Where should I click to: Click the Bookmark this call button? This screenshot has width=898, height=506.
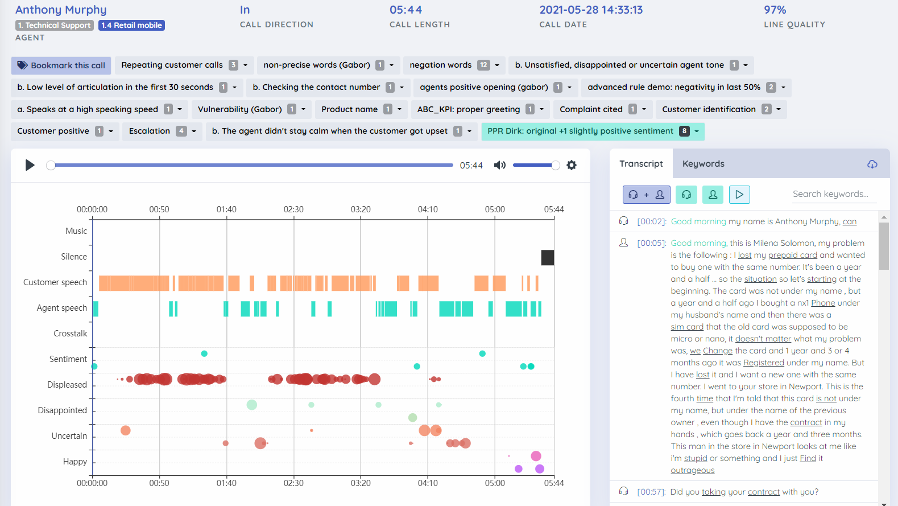point(61,65)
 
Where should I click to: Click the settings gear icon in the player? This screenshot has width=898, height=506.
point(572,165)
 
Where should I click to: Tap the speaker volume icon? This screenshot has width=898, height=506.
point(499,165)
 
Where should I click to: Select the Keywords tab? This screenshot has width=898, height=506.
point(703,164)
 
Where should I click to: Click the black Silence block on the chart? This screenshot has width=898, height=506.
point(547,257)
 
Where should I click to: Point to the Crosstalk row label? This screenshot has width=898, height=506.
point(71,334)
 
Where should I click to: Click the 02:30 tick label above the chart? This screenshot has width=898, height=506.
point(293,209)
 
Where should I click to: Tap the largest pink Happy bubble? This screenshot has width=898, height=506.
point(536,456)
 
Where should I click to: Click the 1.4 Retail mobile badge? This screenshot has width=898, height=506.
point(131,25)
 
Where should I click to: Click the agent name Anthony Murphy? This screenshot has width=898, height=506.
point(61,10)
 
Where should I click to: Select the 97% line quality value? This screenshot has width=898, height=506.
point(775,10)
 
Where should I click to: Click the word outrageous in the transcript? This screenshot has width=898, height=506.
point(692,470)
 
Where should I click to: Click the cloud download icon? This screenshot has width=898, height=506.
point(872,164)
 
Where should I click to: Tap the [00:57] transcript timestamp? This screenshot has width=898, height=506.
point(651,492)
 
